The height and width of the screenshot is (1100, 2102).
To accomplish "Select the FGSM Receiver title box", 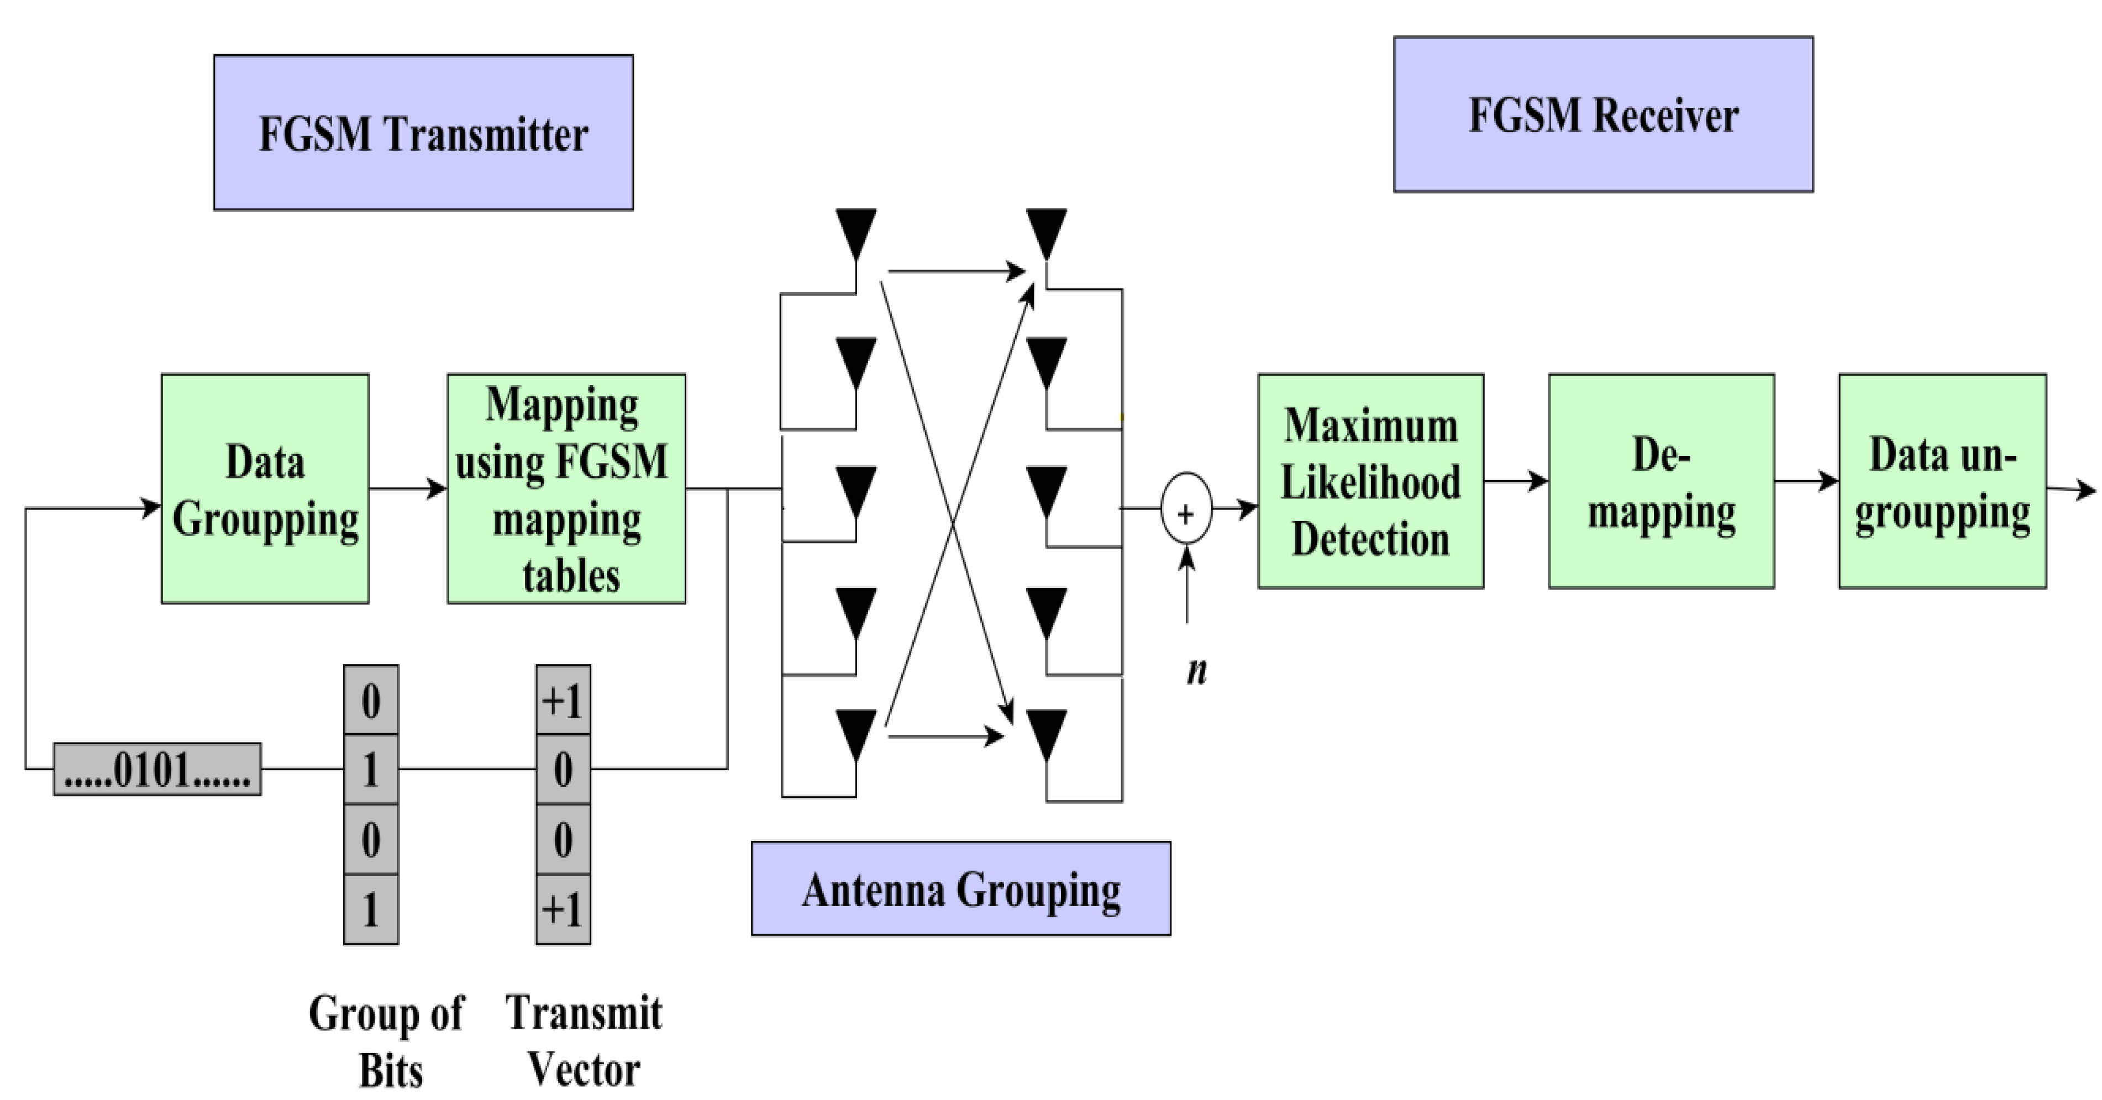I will (1602, 114).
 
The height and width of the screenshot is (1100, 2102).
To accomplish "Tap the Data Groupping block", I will (265, 489).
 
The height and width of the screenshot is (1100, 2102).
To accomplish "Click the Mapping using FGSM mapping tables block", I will (566, 489).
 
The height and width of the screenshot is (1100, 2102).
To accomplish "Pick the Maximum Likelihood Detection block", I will (1370, 481).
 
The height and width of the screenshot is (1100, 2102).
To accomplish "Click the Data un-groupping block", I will (1942, 481).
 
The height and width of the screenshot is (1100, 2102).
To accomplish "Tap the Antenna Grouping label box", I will (960, 888).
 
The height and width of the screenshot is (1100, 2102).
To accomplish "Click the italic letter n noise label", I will (1196, 671).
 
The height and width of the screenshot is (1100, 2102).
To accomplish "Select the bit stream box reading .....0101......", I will (157, 769).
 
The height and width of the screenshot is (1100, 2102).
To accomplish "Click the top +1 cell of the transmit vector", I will (563, 700).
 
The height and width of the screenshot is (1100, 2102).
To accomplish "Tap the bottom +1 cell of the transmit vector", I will (563, 909).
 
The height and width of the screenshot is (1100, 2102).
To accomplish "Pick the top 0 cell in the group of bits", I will (370, 700).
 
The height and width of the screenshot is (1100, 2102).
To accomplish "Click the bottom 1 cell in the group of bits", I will (370, 909).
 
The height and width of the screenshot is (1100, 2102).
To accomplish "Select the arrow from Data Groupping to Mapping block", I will (407, 489).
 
